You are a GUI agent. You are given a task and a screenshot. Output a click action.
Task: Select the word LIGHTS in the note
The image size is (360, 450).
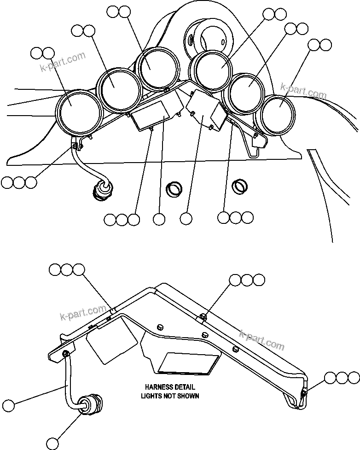coord(151,396)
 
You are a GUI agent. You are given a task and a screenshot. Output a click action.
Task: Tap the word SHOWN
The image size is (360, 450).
coord(189,396)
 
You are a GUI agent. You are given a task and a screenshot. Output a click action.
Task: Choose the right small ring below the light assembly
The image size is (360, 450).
coord(239,186)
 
